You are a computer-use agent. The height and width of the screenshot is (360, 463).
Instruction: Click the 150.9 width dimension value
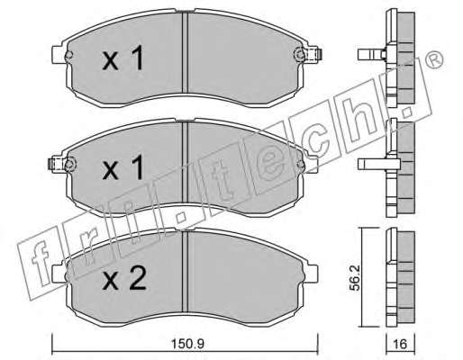coord(187,344)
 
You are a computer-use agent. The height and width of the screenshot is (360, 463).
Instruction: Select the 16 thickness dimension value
coord(400,344)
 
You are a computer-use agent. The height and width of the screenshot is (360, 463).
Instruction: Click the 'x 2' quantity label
coord(124,278)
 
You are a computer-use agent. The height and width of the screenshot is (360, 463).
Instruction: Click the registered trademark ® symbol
coord(434,60)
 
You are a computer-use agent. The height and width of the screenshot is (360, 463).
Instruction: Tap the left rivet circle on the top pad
coord(68,55)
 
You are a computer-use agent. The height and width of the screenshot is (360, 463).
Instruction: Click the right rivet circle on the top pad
coord(299,55)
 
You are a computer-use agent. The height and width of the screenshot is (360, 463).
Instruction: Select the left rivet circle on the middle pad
coord(69,164)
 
